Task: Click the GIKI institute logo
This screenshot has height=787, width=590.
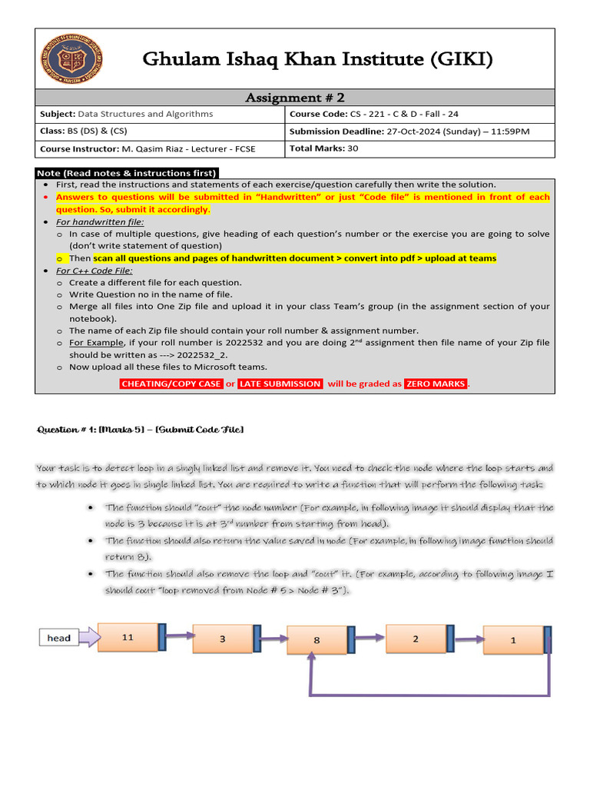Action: pos(73,59)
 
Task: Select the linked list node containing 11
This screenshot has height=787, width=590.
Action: pos(128,637)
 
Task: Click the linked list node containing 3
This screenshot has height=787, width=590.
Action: pos(223,639)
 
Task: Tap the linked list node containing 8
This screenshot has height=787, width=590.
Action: pos(317,639)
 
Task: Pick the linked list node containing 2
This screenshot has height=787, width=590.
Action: pos(415,639)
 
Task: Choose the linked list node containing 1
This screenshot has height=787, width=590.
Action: pos(513,640)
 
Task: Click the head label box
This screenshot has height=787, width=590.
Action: pos(59,638)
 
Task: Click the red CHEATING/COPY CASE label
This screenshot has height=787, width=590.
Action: pos(171,384)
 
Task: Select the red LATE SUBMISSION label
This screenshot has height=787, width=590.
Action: pos(280,384)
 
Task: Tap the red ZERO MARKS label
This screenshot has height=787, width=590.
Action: pos(436,384)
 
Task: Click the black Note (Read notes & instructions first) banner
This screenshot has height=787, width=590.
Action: pos(128,172)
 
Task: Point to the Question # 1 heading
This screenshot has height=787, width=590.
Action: pos(141,430)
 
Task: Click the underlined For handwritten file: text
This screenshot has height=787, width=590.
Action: pos(100,221)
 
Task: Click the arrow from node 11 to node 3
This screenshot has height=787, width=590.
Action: pos(176,636)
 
